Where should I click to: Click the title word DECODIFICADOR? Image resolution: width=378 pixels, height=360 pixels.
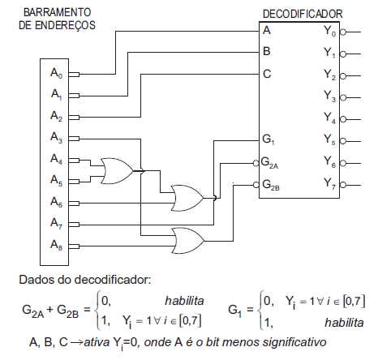(303, 14)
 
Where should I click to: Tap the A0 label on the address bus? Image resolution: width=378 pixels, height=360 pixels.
(56, 74)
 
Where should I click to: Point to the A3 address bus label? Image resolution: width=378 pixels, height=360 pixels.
(56, 137)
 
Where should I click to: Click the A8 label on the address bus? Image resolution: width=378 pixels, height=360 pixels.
(56, 243)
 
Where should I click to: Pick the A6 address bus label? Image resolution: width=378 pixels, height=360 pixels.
(56, 201)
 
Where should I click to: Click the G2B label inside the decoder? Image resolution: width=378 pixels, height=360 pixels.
(272, 184)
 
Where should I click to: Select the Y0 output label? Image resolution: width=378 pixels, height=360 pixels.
(329, 32)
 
